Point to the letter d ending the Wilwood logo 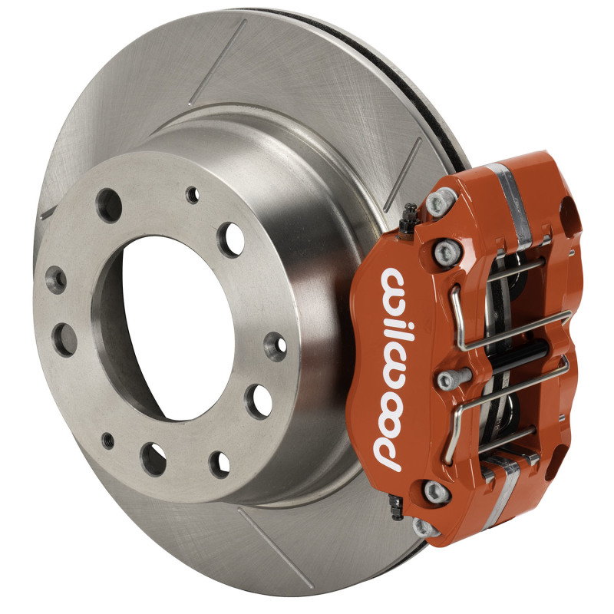point(386,456)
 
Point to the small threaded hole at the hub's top point(192,194)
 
